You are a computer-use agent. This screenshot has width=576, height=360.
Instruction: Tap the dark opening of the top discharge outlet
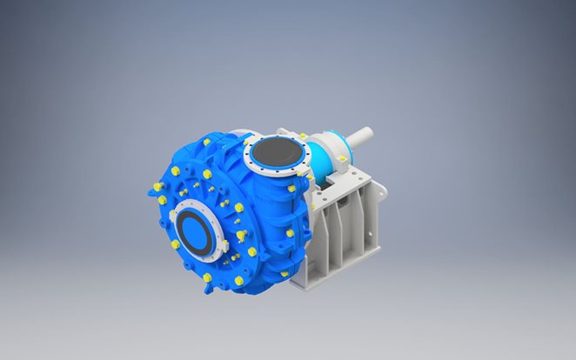(x=276, y=157)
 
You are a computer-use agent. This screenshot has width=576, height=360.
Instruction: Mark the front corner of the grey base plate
(x=305, y=283)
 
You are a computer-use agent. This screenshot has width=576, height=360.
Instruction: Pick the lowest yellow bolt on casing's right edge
(x=284, y=274)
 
